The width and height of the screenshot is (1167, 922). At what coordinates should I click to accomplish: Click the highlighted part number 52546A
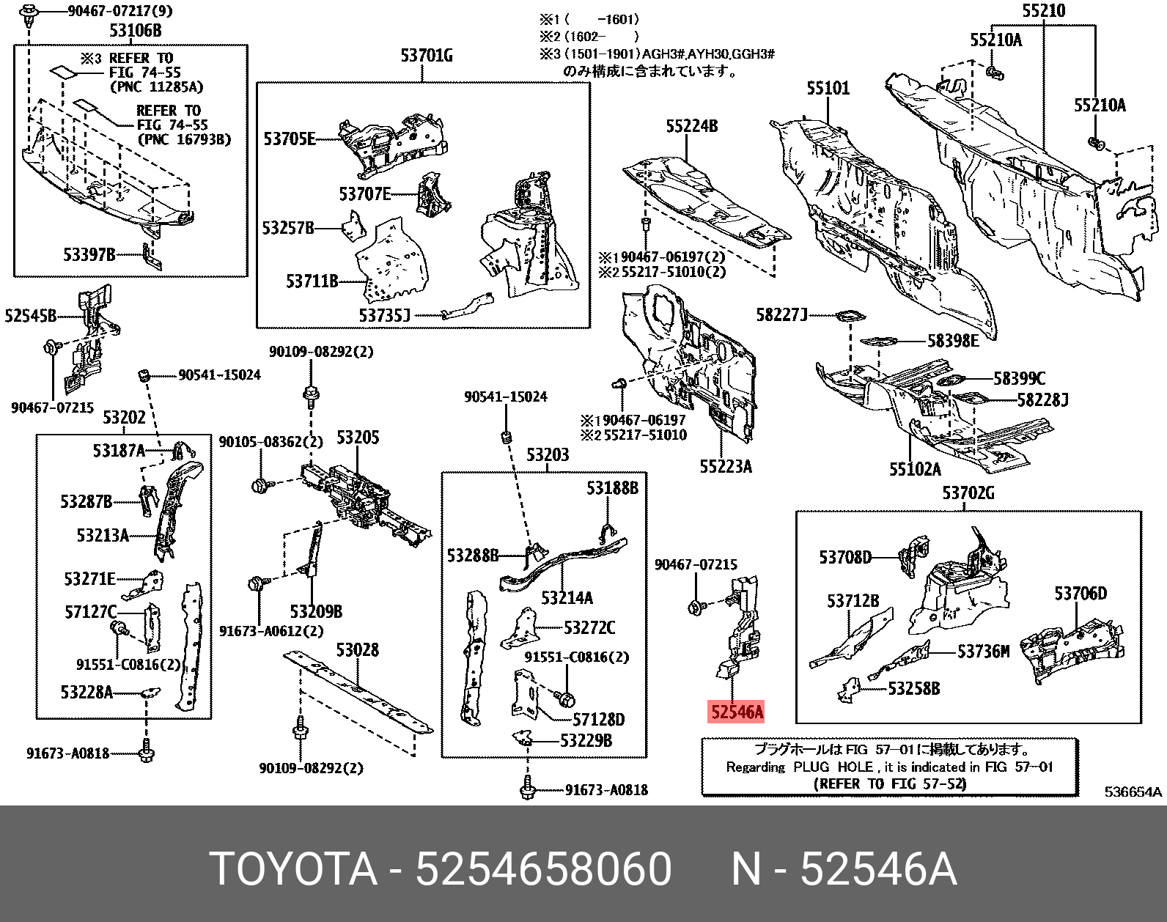pyautogui.click(x=736, y=712)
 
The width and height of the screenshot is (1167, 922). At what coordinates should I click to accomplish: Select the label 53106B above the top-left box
pyautogui.click(x=135, y=31)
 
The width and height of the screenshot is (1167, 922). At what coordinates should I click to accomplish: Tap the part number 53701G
pyautogui.click(x=426, y=56)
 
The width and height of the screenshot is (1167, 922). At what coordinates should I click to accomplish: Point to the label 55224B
pyautogui.click(x=691, y=126)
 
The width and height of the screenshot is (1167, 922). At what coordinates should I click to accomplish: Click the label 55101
pyautogui.click(x=828, y=89)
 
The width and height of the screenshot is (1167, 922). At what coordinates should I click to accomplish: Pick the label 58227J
pyautogui.click(x=781, y=315)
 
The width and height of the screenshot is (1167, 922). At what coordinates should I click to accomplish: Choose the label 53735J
pyautogui.click(x=384, y=315)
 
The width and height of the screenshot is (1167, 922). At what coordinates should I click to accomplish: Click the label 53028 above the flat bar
pyautogui.click(x=357, y=650)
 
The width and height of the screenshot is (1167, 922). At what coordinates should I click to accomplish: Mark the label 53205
pyautogui.click(x=357, y=438)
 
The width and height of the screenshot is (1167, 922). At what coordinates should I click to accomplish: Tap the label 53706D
pyautogui.click(x=1080, y=594)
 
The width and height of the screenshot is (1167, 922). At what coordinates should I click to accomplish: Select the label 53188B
pyautogui.click(x=611, y=488)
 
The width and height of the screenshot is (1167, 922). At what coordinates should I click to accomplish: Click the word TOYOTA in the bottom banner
pyautogui.click(x=292, y=869)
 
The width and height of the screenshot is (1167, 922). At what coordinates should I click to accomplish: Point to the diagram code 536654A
pyautogui.click(x=1133, y=792)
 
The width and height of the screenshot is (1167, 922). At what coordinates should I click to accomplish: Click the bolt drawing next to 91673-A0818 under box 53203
pyautogui.click(x=527, y=789)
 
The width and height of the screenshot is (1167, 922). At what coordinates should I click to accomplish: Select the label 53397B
pyautogui.click(x=89, y=254)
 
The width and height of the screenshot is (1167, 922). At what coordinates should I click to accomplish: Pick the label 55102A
pyautogui.click(x=914, y=469)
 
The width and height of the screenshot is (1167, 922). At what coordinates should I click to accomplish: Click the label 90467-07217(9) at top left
pyautogui.click(x=120, y=11)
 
